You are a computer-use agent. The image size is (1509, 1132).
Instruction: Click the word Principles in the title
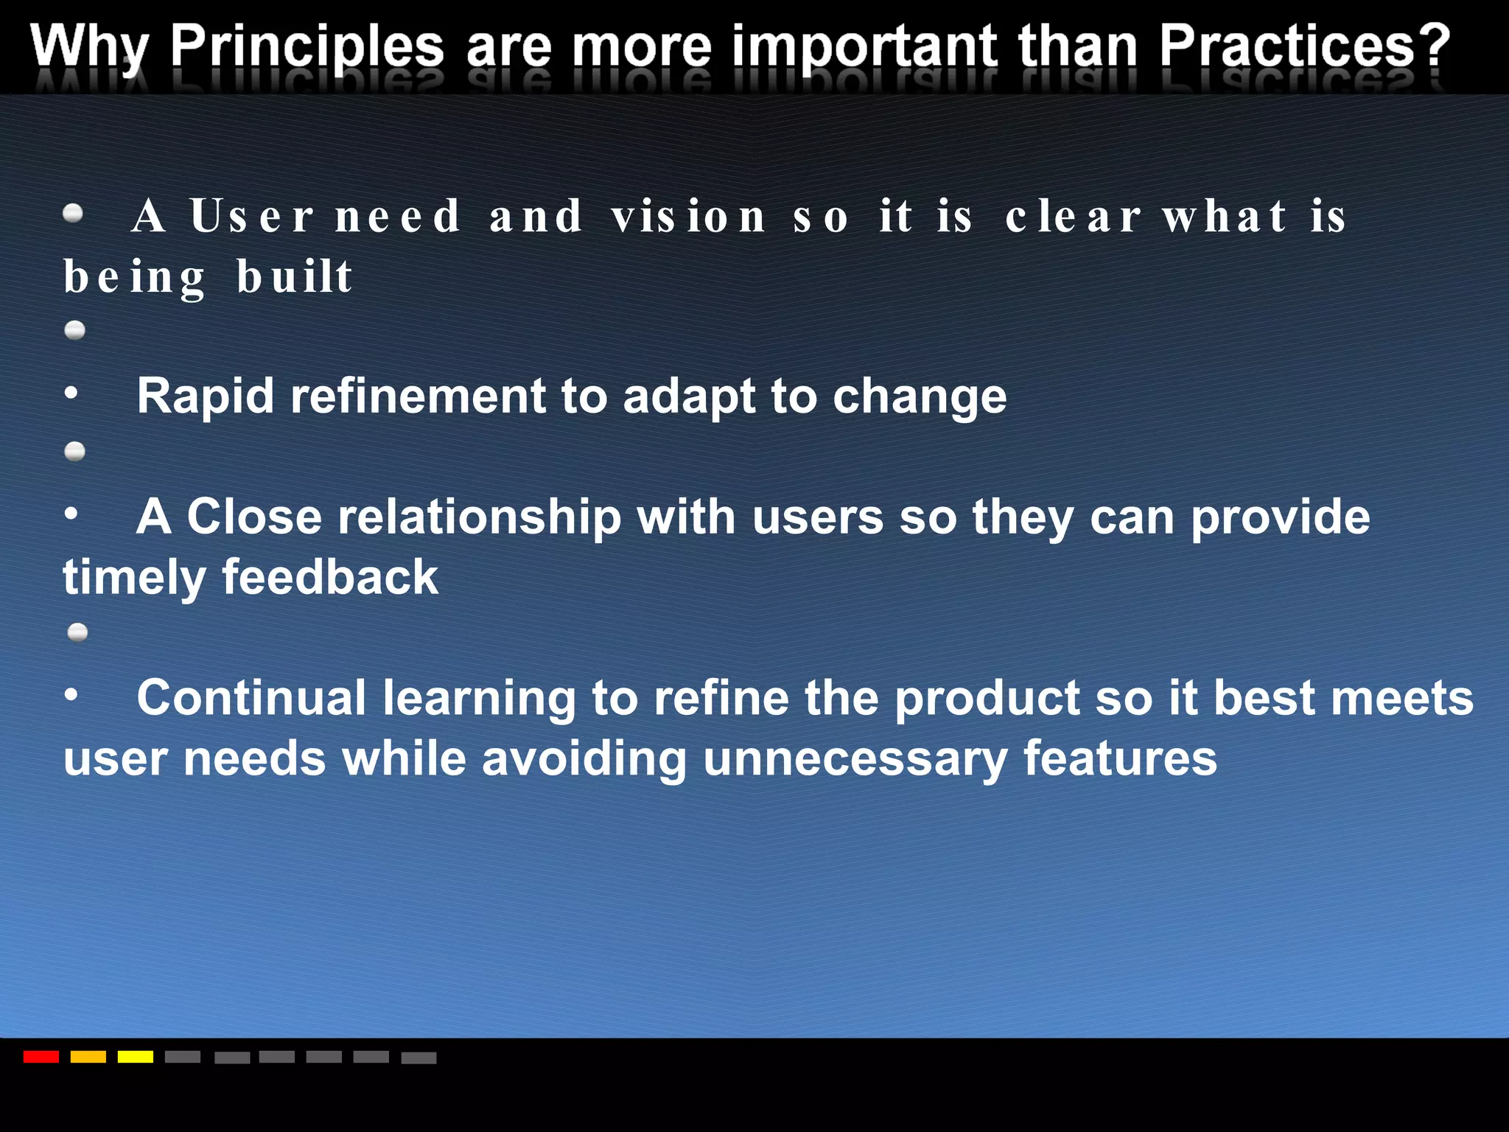[307, 47]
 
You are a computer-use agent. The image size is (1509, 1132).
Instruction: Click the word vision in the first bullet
[688, 217]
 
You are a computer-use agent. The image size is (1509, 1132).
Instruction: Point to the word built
[295, 277]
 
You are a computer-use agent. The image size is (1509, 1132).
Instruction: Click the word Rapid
[206, 396]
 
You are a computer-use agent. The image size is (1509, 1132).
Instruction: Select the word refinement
[418, 396]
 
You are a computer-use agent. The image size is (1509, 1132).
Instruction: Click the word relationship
[479, 517]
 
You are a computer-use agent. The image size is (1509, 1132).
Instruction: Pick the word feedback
[329, 577]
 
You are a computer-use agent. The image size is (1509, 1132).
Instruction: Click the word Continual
[251, 698]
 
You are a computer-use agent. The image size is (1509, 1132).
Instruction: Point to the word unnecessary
[855, 759]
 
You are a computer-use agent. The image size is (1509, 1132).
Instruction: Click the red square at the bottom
[41, 1057]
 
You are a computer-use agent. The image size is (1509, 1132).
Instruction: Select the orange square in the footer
[88, 1057]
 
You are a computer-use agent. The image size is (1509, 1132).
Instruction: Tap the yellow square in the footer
[136, 1057]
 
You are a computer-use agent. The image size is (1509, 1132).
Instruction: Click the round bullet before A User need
[73, 214]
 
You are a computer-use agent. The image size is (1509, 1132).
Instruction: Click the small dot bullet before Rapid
[71, 393]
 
